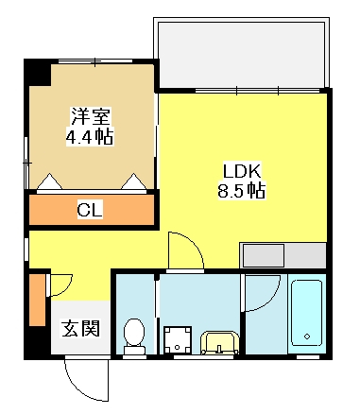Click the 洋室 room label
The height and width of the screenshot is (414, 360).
(90, 116)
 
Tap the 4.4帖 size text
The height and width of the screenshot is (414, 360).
(90, 136)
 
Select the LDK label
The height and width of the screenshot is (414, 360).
(242, 171)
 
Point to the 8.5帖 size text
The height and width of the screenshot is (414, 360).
(242, 190)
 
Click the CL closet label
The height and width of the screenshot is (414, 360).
(90, 210)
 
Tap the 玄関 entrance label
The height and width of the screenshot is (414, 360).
(80, 329)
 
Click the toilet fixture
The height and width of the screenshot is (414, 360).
(134, 336)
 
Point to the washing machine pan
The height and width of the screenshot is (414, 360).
(178, 340)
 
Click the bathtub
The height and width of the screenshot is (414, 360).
(307, 313)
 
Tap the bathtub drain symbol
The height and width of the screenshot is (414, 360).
(307, 336)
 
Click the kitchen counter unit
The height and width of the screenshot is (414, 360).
(283, 255)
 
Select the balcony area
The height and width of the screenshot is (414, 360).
(241, 55)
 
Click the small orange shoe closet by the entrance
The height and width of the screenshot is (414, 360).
(38, 301)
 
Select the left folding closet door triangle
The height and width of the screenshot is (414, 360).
(49, 181)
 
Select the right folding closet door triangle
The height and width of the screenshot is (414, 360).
(134, 181)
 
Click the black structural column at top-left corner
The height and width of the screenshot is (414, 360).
(38, 73)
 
